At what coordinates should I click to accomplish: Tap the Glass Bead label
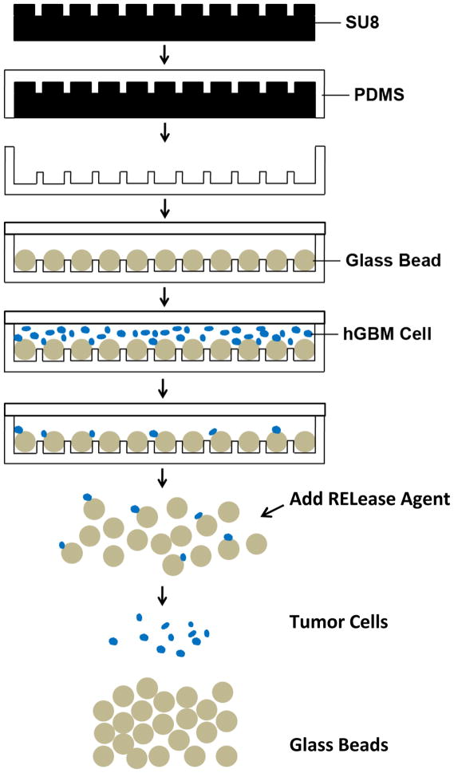click(393, 259)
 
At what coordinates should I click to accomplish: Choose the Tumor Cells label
click(338, 621)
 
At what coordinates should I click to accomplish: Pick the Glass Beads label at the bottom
click(338, 745)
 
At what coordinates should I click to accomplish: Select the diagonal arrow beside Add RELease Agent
click(272, 510)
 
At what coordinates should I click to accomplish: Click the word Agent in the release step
click(427, 500)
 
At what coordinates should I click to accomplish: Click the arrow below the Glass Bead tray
click(164, 297)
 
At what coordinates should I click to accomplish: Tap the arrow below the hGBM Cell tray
click(164, 388)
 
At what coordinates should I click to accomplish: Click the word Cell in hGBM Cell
click(414, 332)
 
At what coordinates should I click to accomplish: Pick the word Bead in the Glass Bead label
click(419, 259)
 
